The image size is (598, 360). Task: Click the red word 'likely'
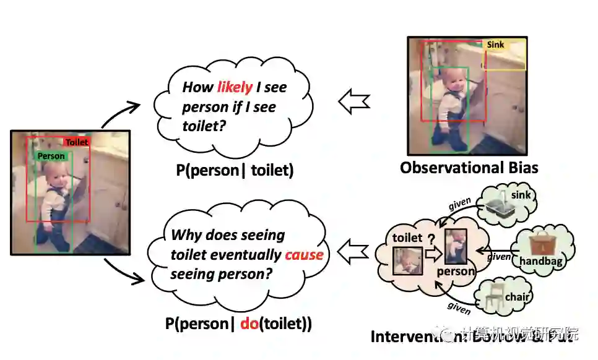pos(235,87)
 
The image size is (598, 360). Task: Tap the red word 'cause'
pos(305,254)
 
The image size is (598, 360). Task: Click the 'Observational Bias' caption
pos(469,168)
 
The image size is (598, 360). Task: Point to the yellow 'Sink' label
pos(496,45)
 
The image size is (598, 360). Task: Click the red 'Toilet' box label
pos(77,142)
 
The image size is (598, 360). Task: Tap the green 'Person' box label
pos(51,156)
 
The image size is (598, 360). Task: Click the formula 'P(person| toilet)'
pos(234,170)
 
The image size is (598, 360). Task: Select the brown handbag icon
pos(540,242)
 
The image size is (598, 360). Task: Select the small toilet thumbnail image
pos(408,261)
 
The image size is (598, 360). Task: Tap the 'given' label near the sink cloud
pos(459,204)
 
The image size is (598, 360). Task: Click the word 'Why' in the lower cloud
pos(184,235)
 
